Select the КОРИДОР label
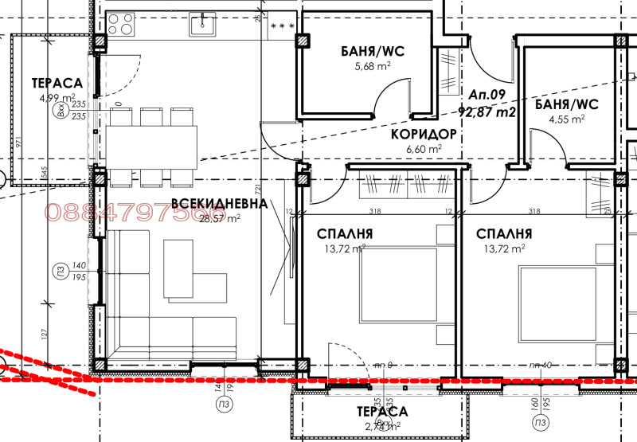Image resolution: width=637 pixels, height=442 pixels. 424,135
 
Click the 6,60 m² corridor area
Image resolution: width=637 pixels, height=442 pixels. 424,148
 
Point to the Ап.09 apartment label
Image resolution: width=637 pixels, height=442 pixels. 487,95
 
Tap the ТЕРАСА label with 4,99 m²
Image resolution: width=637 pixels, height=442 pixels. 58,83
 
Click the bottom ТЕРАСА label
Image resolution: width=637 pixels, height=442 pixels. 381,412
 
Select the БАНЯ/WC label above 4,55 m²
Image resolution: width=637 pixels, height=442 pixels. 565,104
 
